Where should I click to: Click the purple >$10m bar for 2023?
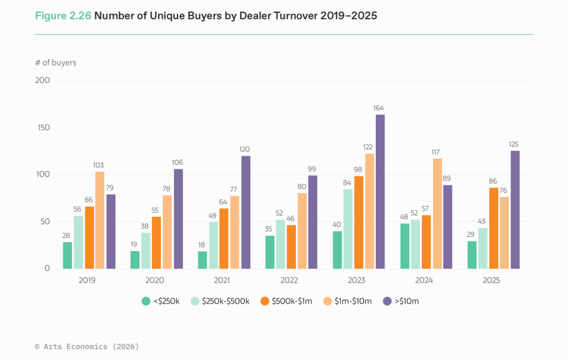(380, 192)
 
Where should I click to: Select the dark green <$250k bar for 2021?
(202, 260)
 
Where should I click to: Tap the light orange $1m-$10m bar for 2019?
(99, 220)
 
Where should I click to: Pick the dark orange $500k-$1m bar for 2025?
(493, 228)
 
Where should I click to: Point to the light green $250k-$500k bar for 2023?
(348, 229)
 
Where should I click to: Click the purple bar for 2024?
(448, 227)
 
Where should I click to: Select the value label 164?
(379, 108)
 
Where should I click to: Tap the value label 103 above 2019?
(99, 165)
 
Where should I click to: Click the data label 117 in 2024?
(436, 152)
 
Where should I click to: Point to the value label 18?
(202, 245)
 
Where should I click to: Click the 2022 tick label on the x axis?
(289, 280)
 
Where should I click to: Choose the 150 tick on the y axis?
(44, 128)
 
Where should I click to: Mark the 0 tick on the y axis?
(47, 269)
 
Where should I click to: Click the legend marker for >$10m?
(387, 301)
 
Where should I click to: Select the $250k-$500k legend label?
(225, 301)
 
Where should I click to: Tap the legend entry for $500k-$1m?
(286, 301)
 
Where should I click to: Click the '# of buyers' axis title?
(56, 63)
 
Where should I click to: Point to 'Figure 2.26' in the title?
(63, 16)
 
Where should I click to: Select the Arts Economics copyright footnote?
(87, 346)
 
